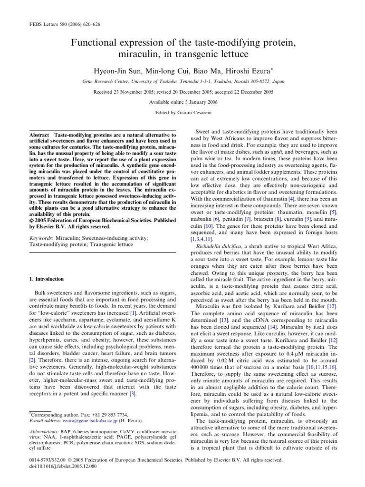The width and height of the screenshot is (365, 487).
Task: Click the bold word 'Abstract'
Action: [x=37, y=136]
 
